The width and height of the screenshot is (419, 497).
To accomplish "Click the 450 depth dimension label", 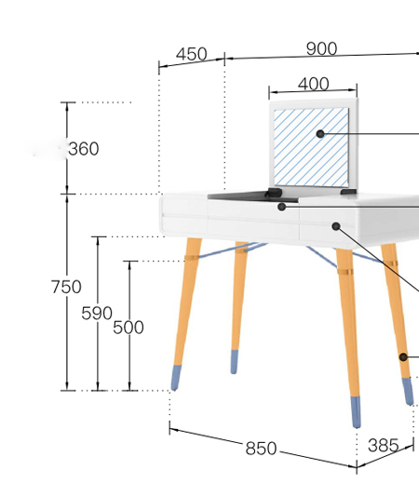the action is [192, 54].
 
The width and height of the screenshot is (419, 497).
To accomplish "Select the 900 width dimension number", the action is [321, 48].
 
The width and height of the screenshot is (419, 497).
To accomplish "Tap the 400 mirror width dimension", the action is [314, 84].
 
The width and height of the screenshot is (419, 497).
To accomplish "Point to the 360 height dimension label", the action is [84, 149].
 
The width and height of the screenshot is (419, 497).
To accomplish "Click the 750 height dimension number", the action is [66, 287].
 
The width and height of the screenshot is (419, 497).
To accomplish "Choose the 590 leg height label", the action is [97, 313].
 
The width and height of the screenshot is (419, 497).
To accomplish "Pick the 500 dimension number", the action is [128, 327].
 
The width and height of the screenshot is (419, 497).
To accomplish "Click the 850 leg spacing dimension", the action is [261, 449].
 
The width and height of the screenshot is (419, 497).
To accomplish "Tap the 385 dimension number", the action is [384, 445].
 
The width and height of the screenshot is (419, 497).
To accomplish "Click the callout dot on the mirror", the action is [320, 134].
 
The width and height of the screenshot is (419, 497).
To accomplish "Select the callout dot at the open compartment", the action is [281, 207].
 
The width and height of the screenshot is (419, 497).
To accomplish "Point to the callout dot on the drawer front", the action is [336, 226].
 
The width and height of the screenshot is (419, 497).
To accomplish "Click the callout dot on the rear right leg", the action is [403, 357].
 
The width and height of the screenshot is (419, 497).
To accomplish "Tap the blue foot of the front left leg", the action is [176, 378].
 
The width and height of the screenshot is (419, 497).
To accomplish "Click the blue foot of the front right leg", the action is [356, 411].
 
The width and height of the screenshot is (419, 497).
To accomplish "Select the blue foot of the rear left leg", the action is [234, 362].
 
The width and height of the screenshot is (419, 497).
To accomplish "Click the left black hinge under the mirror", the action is [274, 192].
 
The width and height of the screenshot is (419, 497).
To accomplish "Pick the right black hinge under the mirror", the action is [348, 192].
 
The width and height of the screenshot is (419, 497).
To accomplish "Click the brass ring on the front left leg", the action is [192, 258].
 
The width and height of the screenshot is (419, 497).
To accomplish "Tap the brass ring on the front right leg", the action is [345, 272].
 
